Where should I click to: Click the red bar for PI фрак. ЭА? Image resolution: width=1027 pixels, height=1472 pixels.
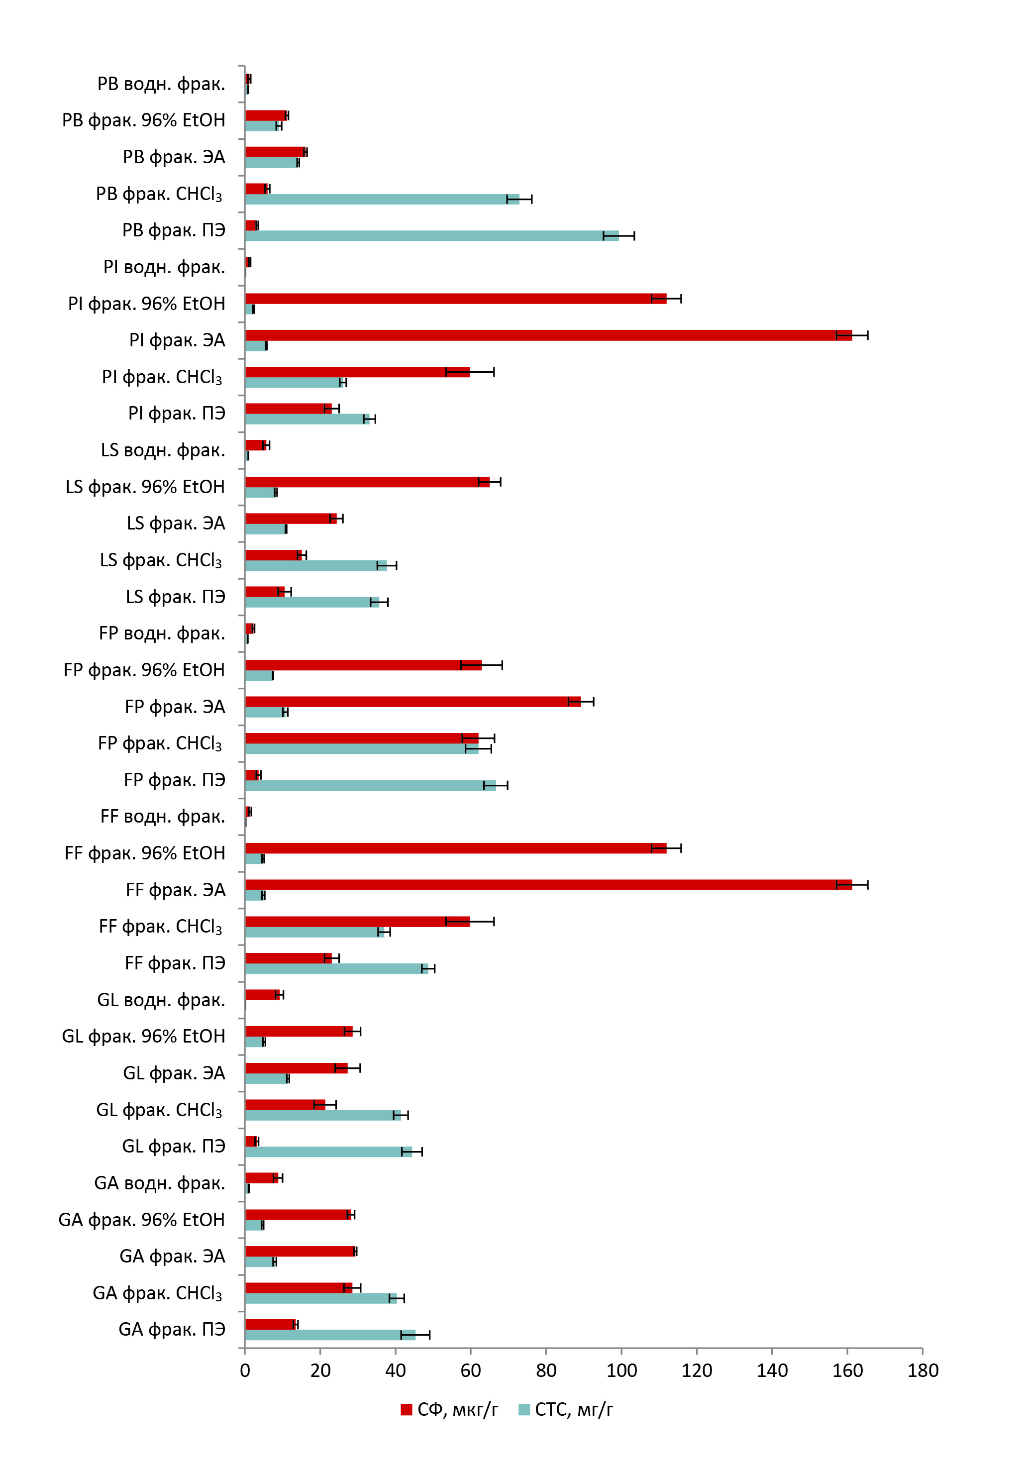[x=548, y=335]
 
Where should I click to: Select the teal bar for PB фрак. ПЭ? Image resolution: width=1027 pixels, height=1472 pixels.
[x=431, y=236]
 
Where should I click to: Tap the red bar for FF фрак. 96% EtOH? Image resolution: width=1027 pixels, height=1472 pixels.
[x=455, y=848]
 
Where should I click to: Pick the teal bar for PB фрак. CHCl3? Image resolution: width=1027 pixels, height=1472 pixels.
[x=382, y=200]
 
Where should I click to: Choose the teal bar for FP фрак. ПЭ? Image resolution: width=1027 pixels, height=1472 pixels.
[x=370, y=785]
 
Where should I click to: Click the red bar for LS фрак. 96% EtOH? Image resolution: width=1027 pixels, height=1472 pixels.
[x=367, y=482]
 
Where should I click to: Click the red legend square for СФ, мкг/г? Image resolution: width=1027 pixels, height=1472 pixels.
[x=406, y=1410]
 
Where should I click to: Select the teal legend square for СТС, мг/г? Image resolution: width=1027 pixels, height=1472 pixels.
[x=524, y=1410]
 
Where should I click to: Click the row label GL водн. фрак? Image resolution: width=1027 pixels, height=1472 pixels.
[x=161, y=1000]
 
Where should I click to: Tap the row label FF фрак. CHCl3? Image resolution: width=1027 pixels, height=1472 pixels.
[x=160, y=927]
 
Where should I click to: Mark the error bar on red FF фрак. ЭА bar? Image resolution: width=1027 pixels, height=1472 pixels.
[x=852, y=885]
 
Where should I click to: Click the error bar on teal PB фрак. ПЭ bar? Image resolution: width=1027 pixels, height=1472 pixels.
[x=618, y=236]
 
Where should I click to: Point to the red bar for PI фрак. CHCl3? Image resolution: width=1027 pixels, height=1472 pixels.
[x=357, y=372]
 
